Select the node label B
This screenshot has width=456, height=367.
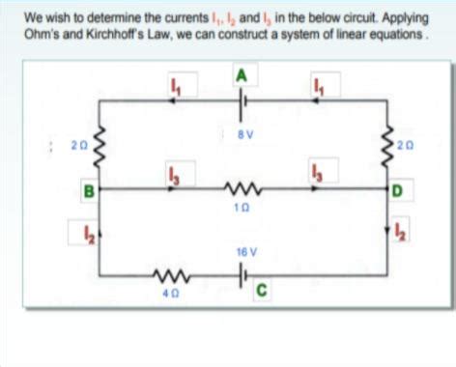[x=87, y=189]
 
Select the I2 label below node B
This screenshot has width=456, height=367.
[x=86, y=232]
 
